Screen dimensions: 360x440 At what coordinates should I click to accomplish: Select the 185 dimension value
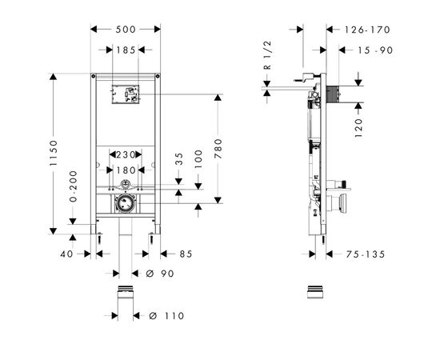coord(125,50)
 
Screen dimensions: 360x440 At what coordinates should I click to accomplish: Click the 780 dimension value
coord(218,149)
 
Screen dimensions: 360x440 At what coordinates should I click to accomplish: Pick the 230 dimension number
coord(125,155)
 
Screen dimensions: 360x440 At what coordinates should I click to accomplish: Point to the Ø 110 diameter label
coord(166,315)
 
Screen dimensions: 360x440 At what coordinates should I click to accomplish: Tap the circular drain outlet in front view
coord(124,204)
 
